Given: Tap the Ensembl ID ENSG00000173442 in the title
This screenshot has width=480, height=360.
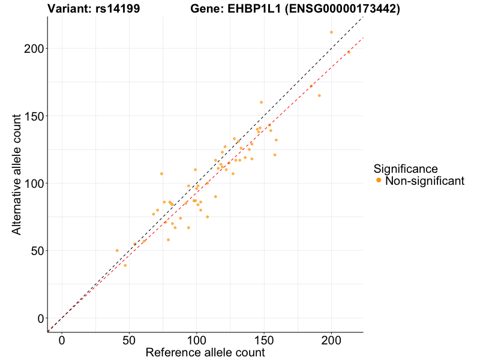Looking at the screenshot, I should click(x=342, y=9).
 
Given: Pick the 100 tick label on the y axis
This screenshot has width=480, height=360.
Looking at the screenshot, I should click(x=33, y=183).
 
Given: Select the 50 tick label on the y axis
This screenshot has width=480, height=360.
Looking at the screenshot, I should click(x=37, y=250).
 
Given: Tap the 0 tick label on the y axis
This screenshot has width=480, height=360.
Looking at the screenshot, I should click(x=40, y=318).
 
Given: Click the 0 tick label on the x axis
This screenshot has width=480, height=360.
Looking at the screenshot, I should click(x=62, y=340).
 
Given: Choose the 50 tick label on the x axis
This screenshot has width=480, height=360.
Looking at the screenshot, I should click(x=129, y=340).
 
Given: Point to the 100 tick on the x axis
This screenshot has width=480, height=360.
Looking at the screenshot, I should click(x=196, y=340).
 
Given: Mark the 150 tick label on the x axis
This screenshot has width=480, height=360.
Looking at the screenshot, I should click(x=264, y=340).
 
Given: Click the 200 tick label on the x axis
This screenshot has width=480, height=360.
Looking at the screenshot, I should click(x=331, y=340).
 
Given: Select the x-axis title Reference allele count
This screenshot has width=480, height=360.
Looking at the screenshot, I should click(x=205, y=353).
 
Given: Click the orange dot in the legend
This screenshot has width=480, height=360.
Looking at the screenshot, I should click(x=379, y=181).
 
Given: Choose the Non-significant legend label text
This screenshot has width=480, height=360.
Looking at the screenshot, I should click(x=425, y=181).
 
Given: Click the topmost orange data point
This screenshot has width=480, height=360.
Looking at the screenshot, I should click(x=331, y=32).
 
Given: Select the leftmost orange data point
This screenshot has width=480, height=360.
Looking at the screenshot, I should click(x=117, y=250).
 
